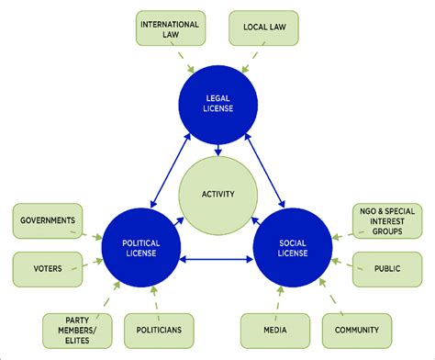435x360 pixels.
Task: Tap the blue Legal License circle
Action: [x=218, y=104]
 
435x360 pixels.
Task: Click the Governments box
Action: [x=45, y=220]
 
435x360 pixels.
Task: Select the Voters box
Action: [x=45, y=268]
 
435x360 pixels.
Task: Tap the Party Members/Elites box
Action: [x=73, y=329]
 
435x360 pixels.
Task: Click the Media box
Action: [x=273, y=329]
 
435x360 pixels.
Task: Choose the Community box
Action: [x=355, y=329]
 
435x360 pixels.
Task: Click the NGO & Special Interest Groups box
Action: [x=389, y=220]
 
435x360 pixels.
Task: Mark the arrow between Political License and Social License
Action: [x=218, y=260]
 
